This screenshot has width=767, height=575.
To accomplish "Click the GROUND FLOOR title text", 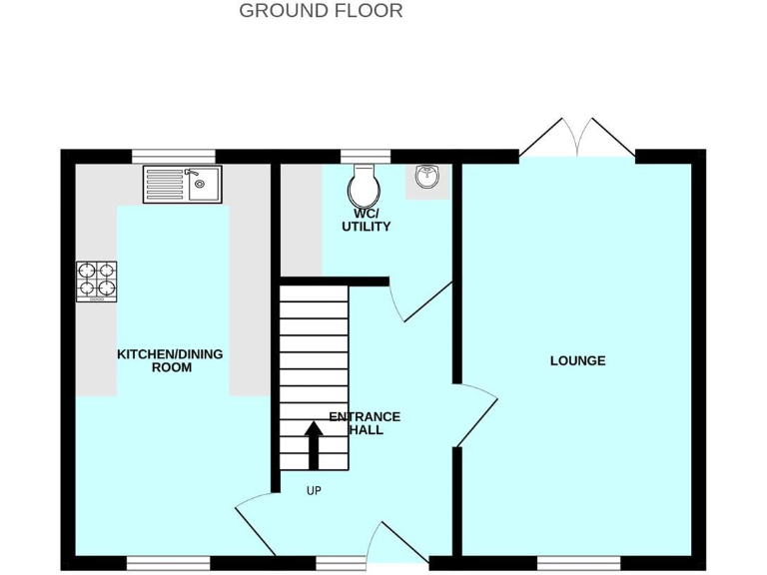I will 321,11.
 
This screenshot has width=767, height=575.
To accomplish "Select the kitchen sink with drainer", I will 184,185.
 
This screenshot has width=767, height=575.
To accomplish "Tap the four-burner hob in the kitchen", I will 97,281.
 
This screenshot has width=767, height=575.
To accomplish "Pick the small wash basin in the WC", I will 426,178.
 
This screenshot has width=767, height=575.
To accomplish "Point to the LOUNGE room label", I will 577,360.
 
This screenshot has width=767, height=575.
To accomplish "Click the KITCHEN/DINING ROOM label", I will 170,360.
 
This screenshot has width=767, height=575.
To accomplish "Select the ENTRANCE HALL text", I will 366,423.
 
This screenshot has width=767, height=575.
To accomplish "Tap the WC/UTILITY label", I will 366,220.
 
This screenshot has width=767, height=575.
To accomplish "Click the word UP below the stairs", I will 314,490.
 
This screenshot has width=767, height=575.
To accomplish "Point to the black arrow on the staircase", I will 314,444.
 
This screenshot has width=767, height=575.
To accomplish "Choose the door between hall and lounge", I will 477,414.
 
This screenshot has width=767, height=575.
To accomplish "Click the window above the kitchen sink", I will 174,156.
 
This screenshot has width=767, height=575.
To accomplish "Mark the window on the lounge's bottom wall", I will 577,563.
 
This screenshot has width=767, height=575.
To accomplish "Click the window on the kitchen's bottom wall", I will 168,563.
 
